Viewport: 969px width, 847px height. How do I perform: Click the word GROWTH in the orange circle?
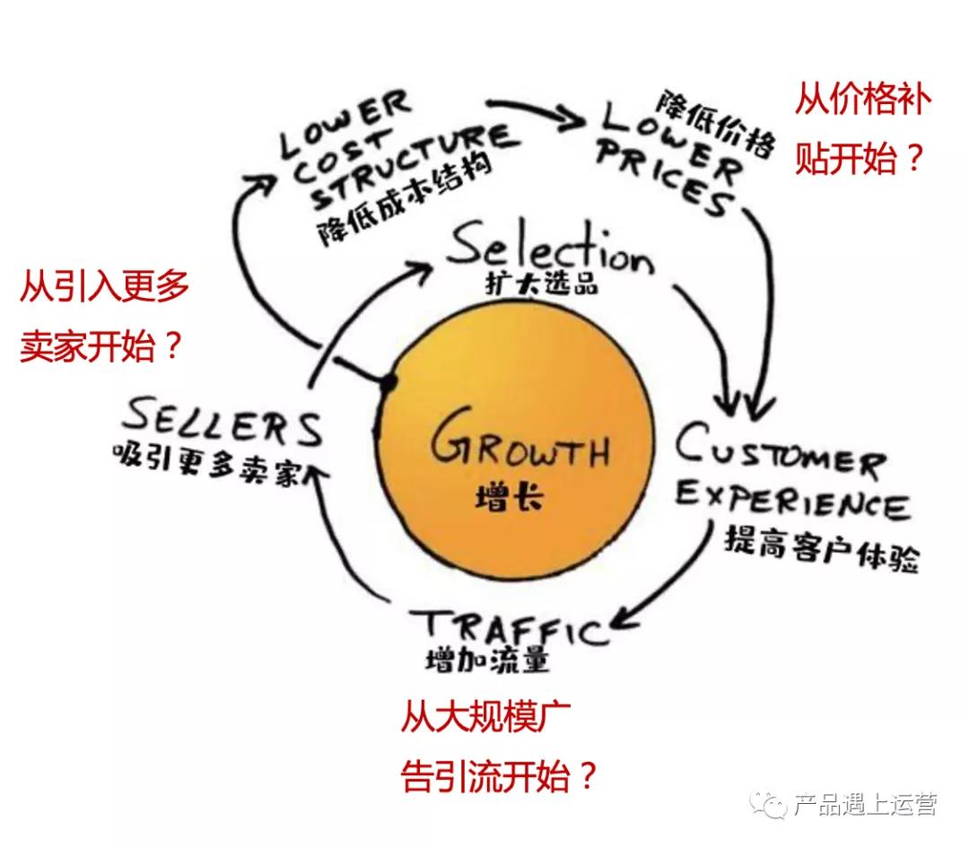(519, 445)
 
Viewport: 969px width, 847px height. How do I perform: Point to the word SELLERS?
(223, 423)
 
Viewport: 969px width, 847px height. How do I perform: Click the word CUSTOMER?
(779, 453)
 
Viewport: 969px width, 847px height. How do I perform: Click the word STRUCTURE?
(416, 157)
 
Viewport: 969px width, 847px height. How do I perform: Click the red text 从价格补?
(862, 100)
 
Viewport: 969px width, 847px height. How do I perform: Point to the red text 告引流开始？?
(499, 774)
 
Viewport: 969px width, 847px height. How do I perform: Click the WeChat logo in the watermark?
(772, 804)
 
